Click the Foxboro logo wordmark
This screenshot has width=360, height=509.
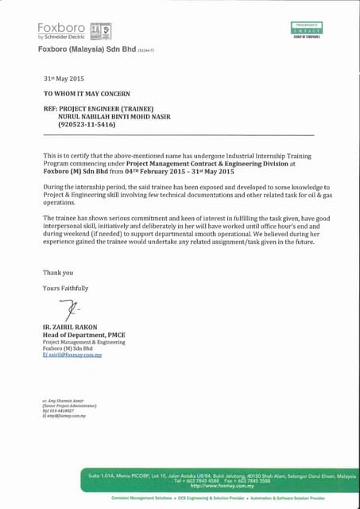click(x=60, y=27)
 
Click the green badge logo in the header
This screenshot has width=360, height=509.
click(x=305, y=29)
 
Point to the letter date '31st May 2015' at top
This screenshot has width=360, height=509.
click(x=63, y=80)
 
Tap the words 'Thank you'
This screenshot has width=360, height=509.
click(x=57, y=273)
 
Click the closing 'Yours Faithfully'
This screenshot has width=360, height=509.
click(x=65, y=288)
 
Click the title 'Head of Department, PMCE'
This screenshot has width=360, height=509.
click(x=83, y=335)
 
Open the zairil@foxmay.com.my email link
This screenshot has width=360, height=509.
click(x=72, y=356)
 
